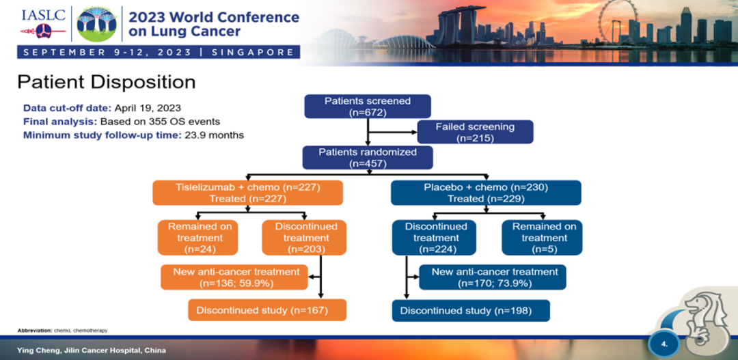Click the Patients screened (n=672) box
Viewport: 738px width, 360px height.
tap(368, 107)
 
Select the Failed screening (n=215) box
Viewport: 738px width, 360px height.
tap(475, 133)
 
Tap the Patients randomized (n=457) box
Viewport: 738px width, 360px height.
tap(368, 158)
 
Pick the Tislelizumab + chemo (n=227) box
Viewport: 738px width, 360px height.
tap(247, 193)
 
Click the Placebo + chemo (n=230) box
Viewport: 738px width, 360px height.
tap(486, 193)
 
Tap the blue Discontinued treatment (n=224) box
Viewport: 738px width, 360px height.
tap(435, 238)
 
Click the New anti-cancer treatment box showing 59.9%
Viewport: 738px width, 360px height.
tap(236, 277)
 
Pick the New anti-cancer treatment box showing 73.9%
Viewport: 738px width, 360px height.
tap(495, 277)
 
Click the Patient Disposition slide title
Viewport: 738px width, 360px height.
tap(106, 82)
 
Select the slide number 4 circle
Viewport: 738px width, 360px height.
tap(664, 343)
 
